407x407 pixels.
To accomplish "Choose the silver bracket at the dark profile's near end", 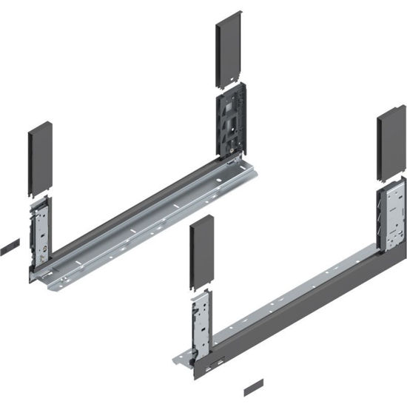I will tap(201, 323).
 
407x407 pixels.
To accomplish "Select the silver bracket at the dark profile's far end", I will tap(389, 215).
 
